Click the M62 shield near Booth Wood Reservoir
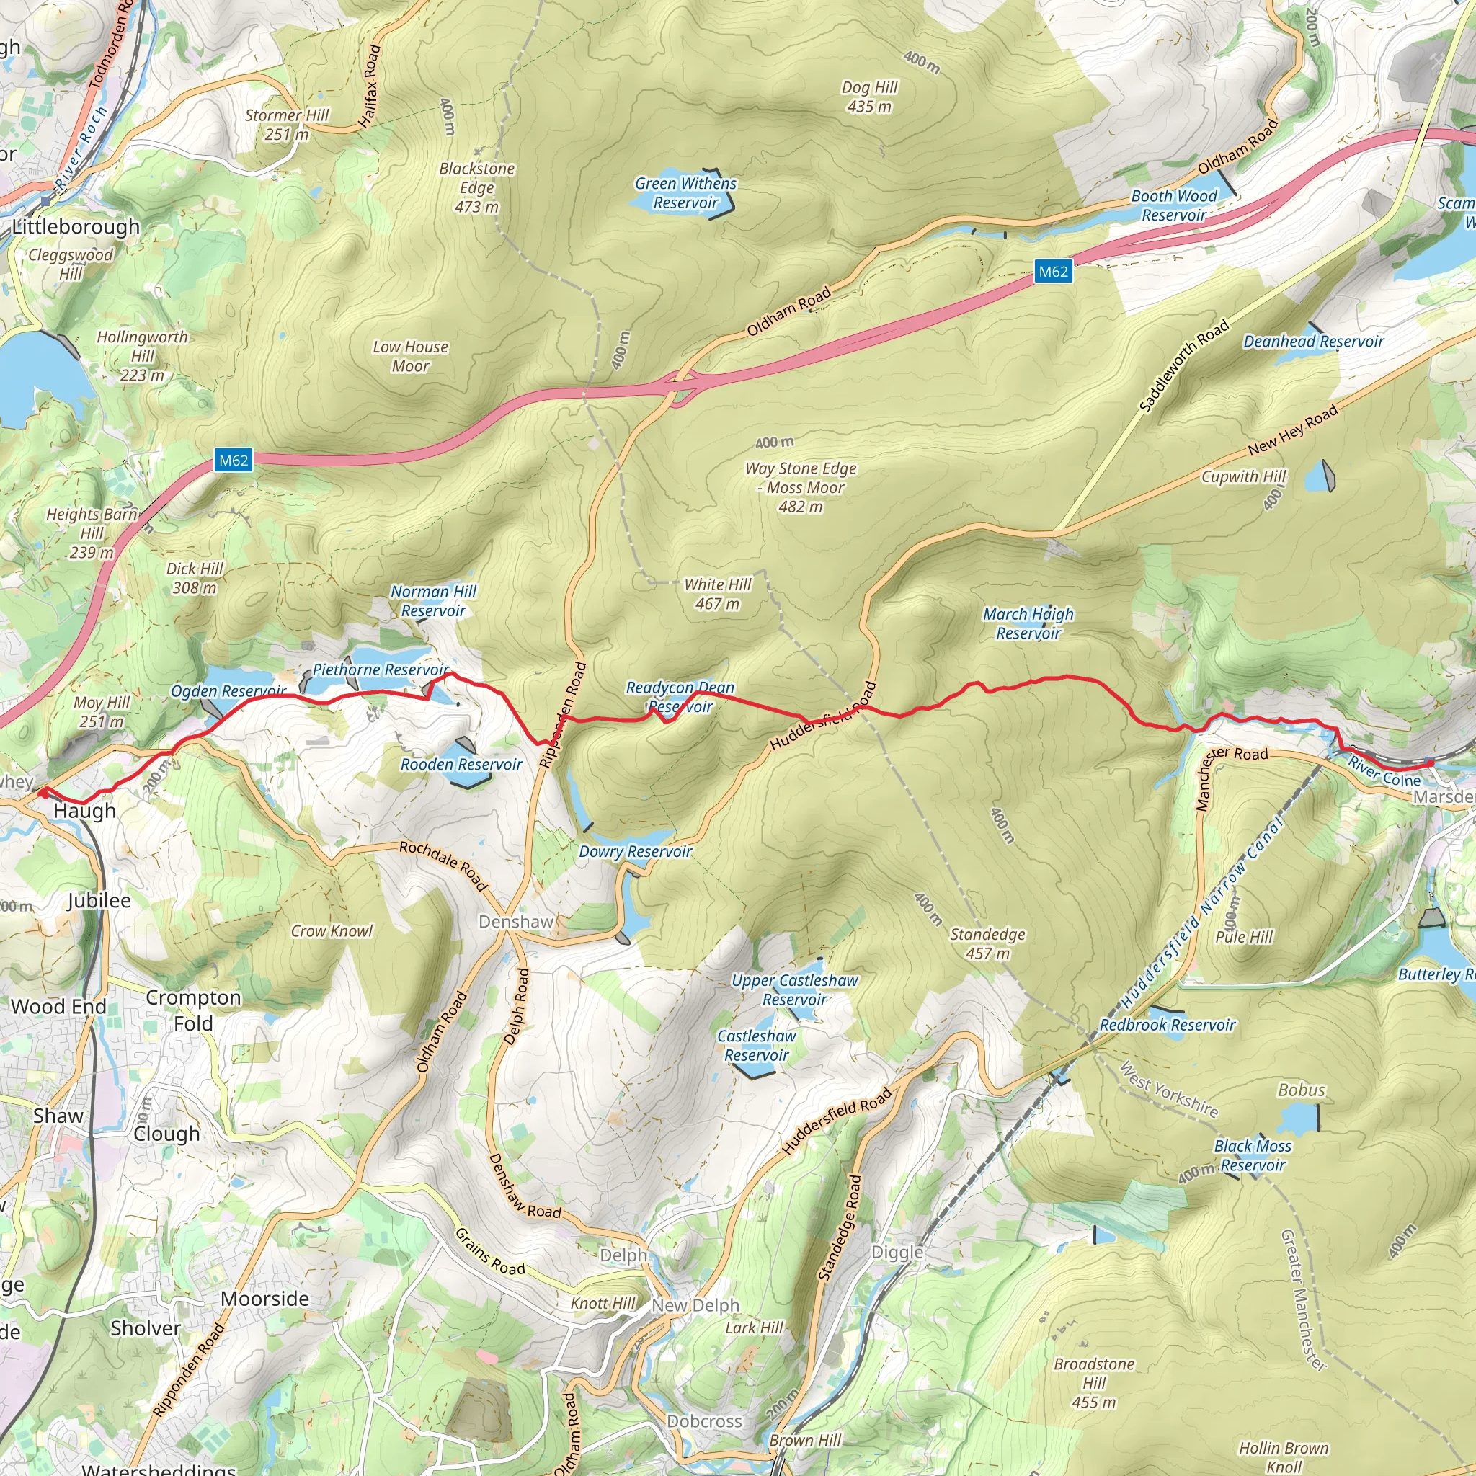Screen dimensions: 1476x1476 click(x=1053, y=271)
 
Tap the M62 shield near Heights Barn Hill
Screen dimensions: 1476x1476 click(x=233, y=460)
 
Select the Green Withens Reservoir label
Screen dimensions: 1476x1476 click(x=685, y=192)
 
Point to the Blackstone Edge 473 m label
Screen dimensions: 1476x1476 click(x=476, y=187)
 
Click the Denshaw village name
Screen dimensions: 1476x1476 click(x=516, y=921)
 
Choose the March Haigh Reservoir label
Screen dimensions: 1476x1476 click(x=1028, y=623)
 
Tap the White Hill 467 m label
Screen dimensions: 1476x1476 click(x=717, y=594)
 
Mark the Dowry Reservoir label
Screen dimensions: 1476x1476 click(x=635, y=851)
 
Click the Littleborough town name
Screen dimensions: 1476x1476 click(x=76, y=226)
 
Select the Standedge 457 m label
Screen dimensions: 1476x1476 click(x=987, y=943)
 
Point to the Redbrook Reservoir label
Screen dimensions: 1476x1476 click(x=1167, y=1025)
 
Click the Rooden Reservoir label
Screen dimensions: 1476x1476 click(x=461, y=764)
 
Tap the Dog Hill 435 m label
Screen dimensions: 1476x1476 click(x=869, y=97)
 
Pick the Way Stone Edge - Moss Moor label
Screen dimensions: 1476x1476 click(x=801, y=486)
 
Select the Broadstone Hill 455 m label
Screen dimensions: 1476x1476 click(x=1093, y=1383)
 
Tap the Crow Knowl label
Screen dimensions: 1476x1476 click(x=332, y=930)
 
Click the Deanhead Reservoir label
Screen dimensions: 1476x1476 click(x=1313, y=342)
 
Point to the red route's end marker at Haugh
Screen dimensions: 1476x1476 click(x=42, y=792)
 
